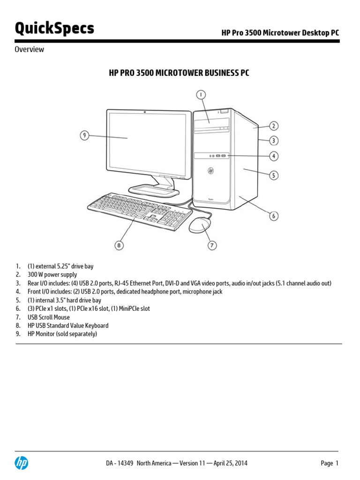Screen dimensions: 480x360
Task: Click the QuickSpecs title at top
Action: tap(54, 29)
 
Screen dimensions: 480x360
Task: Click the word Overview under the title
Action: tap(29, 49)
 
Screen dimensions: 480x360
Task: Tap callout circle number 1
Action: tap(201, 95)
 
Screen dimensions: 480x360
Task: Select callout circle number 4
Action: tap(274, 156)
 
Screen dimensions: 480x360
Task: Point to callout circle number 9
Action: tap(84, 135)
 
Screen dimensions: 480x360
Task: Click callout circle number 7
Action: tap(212, 245)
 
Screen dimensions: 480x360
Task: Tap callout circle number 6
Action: tap(274, 216)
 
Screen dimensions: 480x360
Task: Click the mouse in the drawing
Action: tap(200, 225)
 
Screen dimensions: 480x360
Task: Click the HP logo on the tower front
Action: tap(210, 171)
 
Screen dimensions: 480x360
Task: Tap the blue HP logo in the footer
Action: tap(21, 463)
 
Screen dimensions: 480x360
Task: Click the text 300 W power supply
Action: tap(52, 275)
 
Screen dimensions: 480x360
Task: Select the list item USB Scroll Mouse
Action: tap(49, 317)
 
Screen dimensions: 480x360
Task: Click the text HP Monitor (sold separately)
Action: tap(62, 334)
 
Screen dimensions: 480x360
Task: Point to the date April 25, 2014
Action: tap(231, 463)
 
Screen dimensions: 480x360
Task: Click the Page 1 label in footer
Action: tap(330, 463)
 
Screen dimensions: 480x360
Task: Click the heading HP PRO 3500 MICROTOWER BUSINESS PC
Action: tap(179, 73)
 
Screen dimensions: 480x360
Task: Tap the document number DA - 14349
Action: tap(120, 463)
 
